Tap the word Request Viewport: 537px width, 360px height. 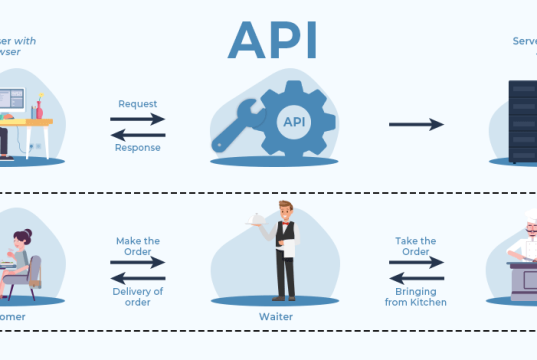click(x=137, y=103)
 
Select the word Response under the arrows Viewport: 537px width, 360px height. click(x=137, y=147)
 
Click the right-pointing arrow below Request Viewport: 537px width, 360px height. click(x=137, y=118)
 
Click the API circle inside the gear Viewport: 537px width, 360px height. click(x=294, y=122)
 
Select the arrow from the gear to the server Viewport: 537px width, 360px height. click(x=416, y=124)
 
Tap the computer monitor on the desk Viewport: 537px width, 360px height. click(x=10, y=101)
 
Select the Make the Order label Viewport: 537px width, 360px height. click(x=137, y=247)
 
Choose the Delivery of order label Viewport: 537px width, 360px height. click(x=137, y=296)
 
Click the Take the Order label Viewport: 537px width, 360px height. click(x=415, y=247)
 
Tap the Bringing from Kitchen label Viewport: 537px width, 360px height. click(x=415, y=296)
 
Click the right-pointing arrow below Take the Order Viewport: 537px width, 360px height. click(x=415, y=264)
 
